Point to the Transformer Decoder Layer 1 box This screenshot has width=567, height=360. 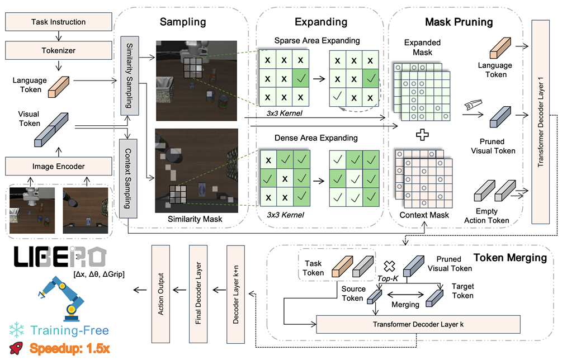pos(542,120)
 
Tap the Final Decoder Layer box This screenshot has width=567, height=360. pos(198,294)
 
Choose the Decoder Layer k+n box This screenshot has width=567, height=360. pos(235,294)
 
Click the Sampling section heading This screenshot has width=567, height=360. pos(182,22)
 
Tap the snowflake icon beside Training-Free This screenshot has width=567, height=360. pos(18,330)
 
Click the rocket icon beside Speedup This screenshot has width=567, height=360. pos(18,349)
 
